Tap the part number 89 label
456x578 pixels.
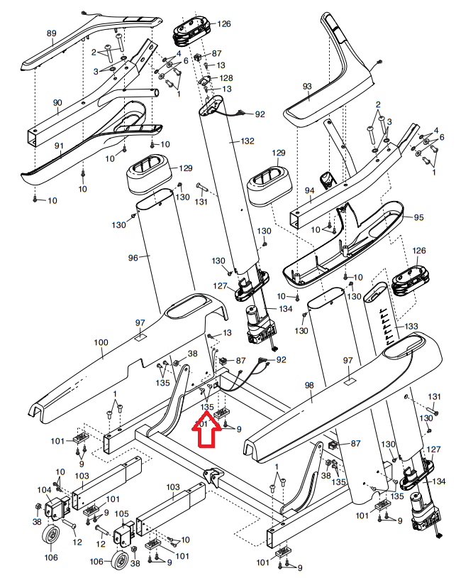[x=51, y=33]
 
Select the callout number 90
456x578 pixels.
[x=57, y=102]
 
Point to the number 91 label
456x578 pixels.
[x=59, y=146]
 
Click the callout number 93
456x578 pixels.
[x=307, y=86]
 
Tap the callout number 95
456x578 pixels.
[x=418, y=217]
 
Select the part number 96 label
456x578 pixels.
[x=133, y=258]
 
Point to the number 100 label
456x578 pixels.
[x=101, y=342]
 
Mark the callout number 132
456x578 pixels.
[x=247, y=141]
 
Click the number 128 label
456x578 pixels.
[x=226, y=78]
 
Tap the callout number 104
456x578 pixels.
[x=45, y=490]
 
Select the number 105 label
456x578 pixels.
[x=121, y=513]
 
